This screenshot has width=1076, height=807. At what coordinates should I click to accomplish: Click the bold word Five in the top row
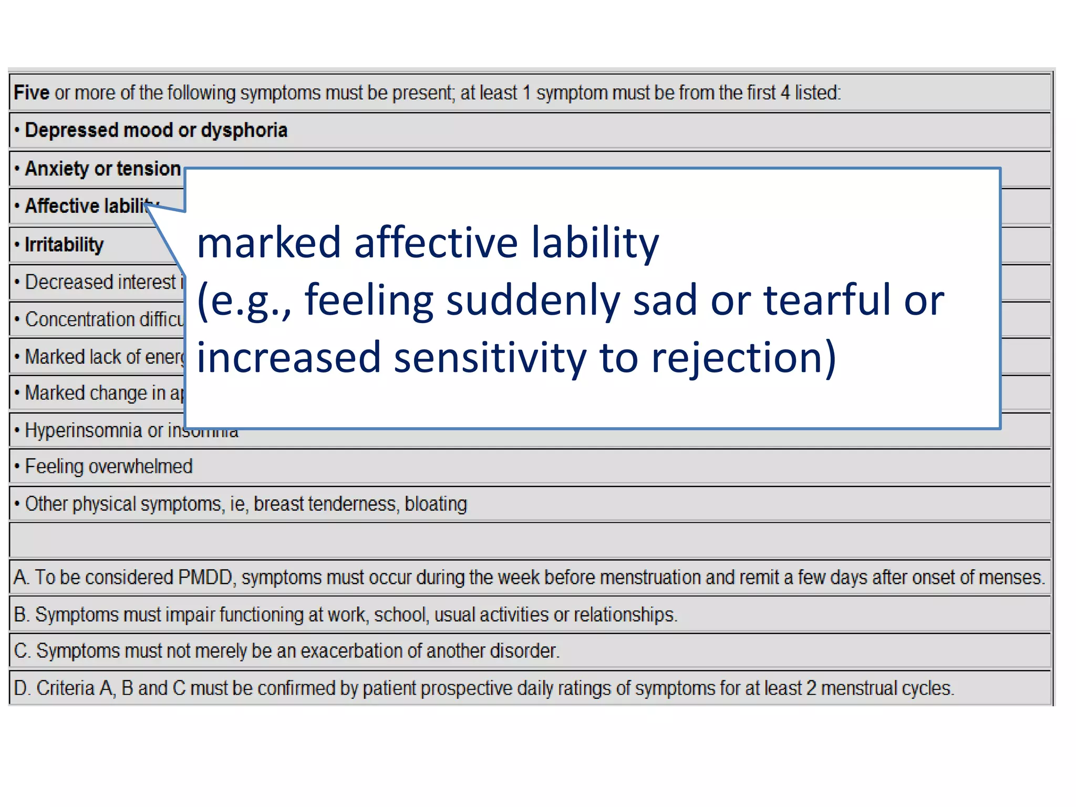tap(31, 92)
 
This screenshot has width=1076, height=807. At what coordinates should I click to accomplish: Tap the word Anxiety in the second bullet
tap(57, 169)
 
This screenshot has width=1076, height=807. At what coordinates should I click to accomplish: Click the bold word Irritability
tap(64, 245)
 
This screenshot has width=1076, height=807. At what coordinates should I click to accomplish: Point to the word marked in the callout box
tap(268, 243)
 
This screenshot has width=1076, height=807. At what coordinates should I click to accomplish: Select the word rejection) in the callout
tap(743, 357)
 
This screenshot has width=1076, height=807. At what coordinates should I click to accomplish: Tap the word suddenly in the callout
tap(533, 301)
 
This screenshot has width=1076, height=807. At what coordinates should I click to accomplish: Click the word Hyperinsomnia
tap(84, 430)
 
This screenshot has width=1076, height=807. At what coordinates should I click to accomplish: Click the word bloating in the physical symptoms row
tap(436, 504)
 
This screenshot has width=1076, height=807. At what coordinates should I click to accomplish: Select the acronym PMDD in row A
tap(205, 577)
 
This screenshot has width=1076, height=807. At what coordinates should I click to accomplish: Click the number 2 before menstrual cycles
tap(811, 688)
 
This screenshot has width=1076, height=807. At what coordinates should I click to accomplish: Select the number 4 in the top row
tap(785, 92)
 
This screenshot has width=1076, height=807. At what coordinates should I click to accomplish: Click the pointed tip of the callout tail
tap(147, 205)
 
